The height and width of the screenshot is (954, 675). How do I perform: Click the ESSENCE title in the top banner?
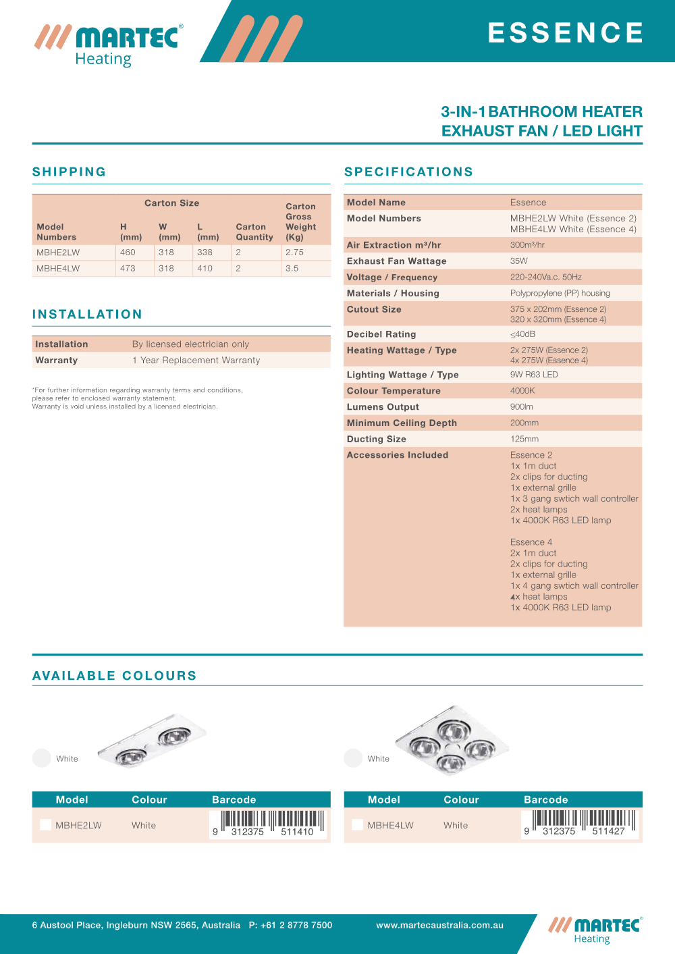pyautogui.click(x=566, y=32)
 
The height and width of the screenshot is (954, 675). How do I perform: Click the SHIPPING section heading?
pyautogui.click(x=69, y=171)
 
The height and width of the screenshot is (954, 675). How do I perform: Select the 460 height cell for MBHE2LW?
pyautogui.click(x=128, y=253)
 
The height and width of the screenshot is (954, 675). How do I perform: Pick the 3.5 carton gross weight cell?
pyautogui.click(x=292, y=269)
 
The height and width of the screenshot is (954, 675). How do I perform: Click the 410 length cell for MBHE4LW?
pyautogui.click(x=205, y=269)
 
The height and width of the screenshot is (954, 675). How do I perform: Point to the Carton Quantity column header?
pyautogui.click(x=254, y=232)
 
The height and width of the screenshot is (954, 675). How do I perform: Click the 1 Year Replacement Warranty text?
pyautogui.click(x=196, y=361)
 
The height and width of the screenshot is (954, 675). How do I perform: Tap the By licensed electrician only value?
pyautogui.click(x=190, y=344)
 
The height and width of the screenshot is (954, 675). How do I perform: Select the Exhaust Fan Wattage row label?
pyautogui.click(x=396, y=261)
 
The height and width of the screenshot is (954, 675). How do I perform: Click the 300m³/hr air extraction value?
pyautogui.click(x=527, y=245)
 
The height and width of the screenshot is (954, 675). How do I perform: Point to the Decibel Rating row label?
pyautogui.click(x=381, y=334)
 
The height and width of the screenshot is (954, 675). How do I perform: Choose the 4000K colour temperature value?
pyautogui.click(x=522, y=391)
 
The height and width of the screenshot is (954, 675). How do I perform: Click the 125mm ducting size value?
pyautogui.click(x=524, y=440)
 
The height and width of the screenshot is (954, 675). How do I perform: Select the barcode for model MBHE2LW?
pyautogui.click(x=268, y=824)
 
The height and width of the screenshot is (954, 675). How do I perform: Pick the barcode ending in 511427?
pyautogui.click(x=579, y=824)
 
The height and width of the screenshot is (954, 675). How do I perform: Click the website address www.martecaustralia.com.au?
pyautogui.click(x=439, y=926)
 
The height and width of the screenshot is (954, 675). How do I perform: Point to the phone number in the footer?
pyautogui.click(x=290, y=926)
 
